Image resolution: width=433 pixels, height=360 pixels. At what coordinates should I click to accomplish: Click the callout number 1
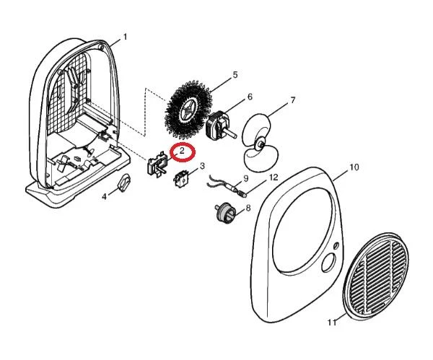coord(125,37)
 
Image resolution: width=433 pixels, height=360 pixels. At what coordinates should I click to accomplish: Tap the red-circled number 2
coord(182,151)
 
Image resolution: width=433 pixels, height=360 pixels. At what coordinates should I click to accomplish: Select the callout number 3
coord(202,166)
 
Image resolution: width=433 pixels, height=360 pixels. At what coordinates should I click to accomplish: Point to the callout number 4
coord(104,197)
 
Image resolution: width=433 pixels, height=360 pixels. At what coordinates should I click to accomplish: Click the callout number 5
coord(235,74)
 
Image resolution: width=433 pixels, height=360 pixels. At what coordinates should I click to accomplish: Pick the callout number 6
coord(250,97)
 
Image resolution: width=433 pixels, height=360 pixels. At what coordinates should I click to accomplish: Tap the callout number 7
coord(293,100)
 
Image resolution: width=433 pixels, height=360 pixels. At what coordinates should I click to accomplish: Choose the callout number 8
coord(248,208)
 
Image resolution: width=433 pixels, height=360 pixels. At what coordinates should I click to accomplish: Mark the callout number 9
coord(246,179)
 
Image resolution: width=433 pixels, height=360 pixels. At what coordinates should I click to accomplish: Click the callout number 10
coord(354,167)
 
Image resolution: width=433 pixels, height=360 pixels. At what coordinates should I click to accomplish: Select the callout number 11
coord(332,322)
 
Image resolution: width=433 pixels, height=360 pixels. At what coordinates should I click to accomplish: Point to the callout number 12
coord(274,177)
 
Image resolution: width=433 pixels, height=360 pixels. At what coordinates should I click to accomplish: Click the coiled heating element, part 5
coord(188,110)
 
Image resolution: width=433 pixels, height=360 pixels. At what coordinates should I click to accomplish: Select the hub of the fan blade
coord(260,144)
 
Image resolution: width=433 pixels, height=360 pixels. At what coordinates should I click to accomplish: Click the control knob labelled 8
coord(226,213)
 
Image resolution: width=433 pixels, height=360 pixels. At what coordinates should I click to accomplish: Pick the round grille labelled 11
coord(375,276)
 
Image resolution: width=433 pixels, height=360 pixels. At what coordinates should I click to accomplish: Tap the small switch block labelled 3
coord(180,178)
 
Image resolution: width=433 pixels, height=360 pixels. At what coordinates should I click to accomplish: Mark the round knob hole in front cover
coord(329,263)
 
